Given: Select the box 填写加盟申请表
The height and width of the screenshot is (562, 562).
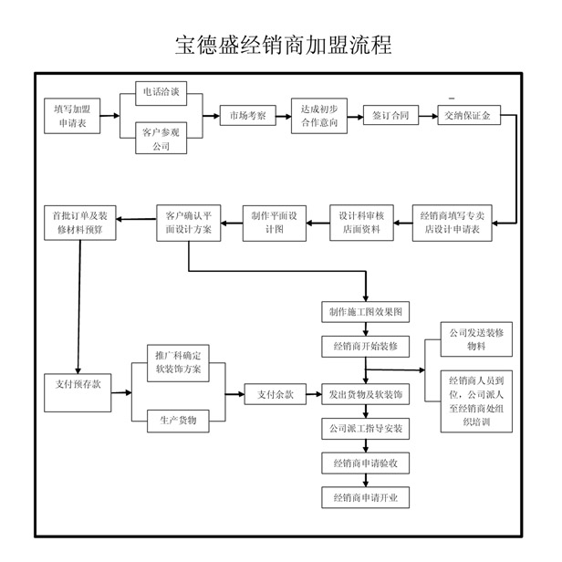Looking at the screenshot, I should (70, 116).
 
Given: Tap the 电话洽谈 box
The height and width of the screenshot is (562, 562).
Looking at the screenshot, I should (161, 94).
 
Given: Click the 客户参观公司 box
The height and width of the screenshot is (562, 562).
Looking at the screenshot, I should (161, 139).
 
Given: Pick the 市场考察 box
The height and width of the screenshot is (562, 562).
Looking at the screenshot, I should (246, 116).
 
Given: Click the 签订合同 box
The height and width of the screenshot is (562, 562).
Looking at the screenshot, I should (390, 116).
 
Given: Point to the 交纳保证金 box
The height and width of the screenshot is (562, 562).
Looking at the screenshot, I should (468, 116).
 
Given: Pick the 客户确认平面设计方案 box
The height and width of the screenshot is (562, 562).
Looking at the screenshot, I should (189, 222).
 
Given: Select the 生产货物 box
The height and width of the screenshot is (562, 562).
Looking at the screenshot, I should (178, 420).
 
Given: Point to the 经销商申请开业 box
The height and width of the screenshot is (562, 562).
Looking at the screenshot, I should (365, 498).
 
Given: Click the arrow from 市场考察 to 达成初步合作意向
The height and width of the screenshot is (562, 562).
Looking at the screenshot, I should (281, 116).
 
